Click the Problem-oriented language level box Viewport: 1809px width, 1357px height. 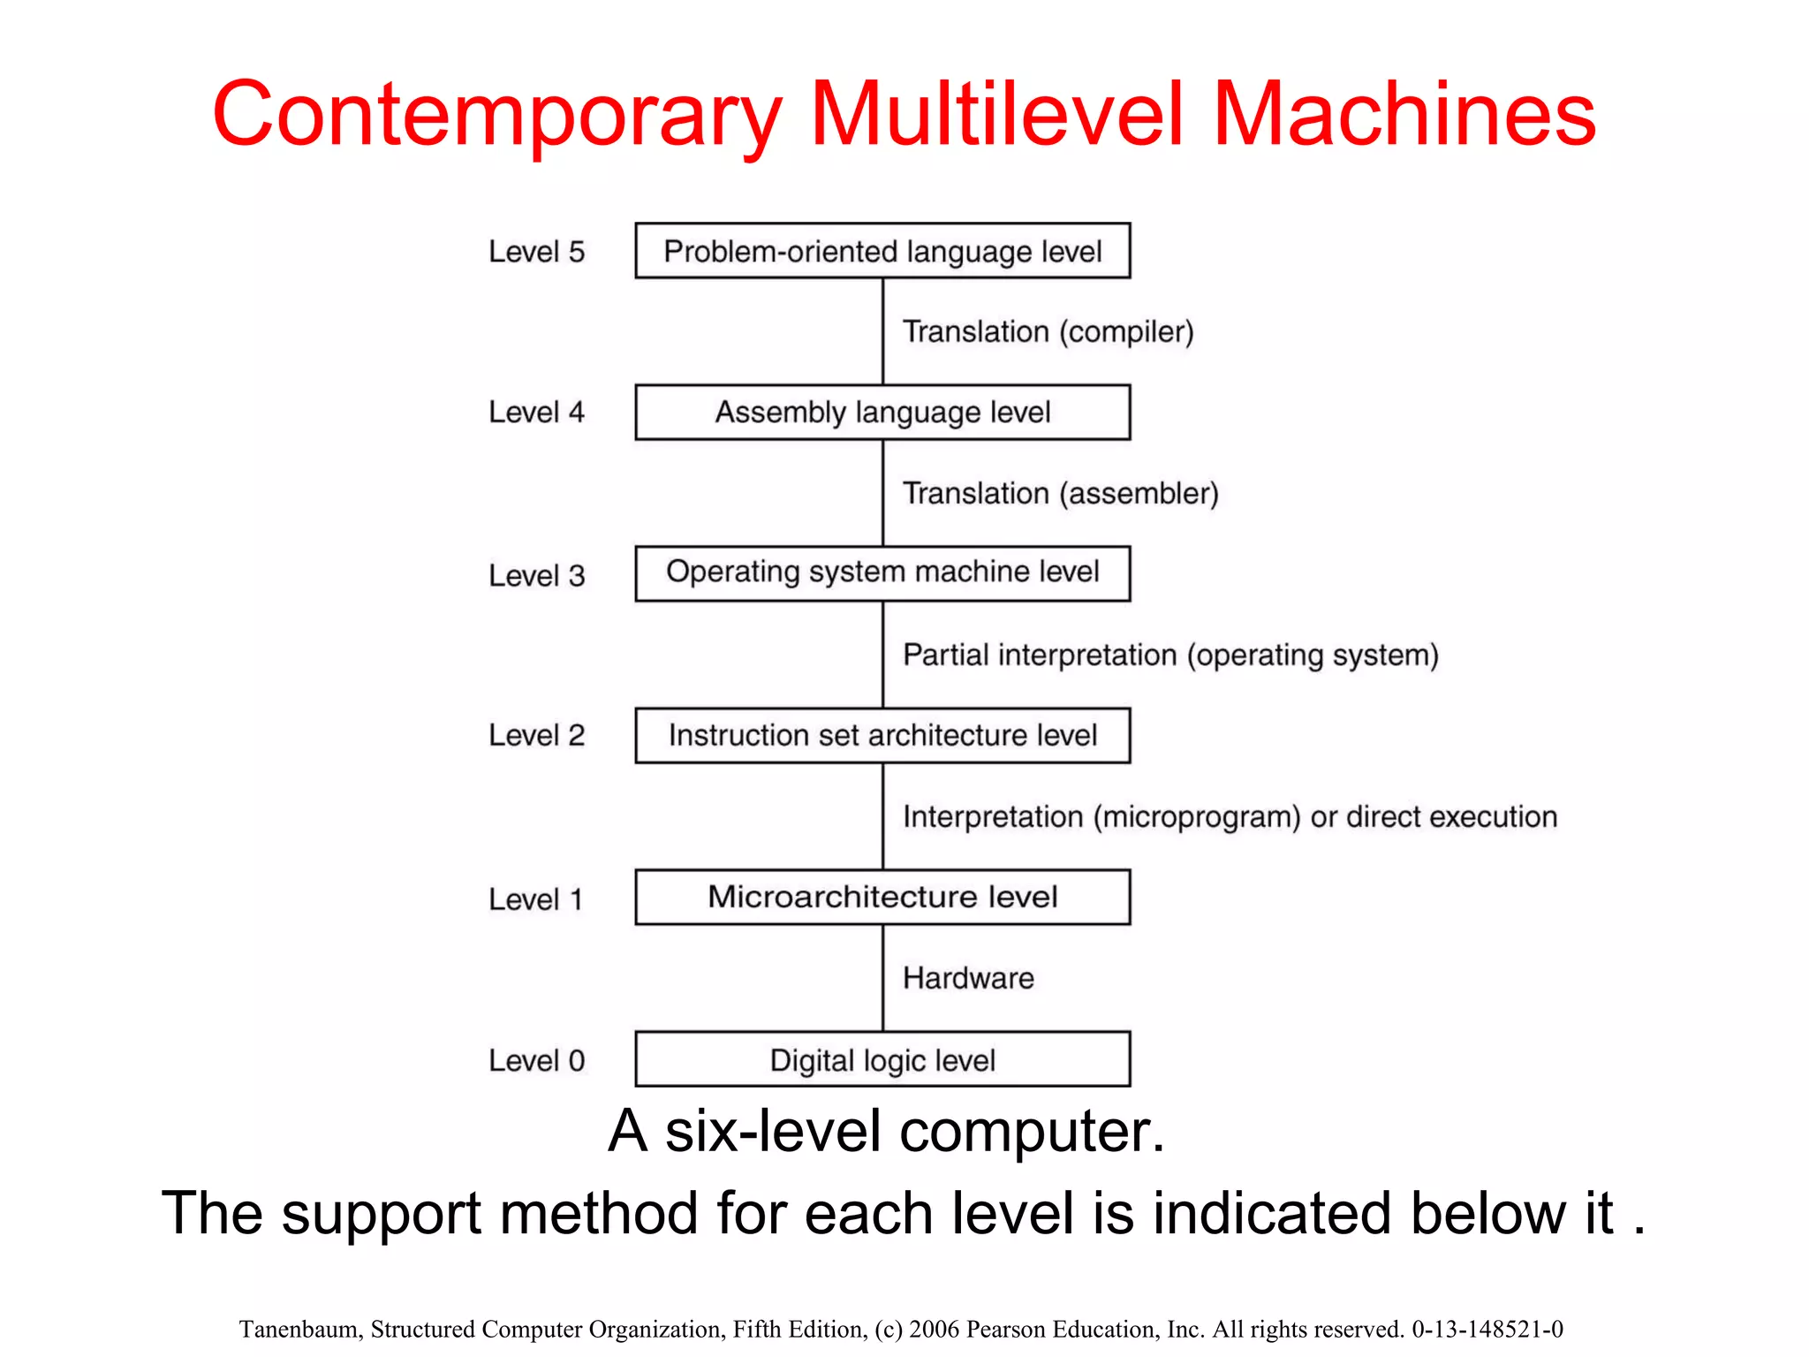[x=882, y=251]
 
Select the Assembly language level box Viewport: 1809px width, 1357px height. [x=882, y=413]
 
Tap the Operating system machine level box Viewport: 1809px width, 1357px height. [x=882, y=573]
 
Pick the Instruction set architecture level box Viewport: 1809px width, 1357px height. [x=882, y=735]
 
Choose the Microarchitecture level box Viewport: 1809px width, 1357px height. [x=882, y=897]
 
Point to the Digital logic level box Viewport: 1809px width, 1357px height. [x=882, y=1059]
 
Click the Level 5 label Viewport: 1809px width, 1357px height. [x=536, y=252]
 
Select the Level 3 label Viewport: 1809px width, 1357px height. [x=536, y=575]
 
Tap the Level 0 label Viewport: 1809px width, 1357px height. [x=536, y=1060]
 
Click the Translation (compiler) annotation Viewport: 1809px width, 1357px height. [x=1048, y=332]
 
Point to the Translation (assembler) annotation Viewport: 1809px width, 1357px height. [x=1060, y=493]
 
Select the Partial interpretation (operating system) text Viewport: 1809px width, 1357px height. [x=1170, y=656]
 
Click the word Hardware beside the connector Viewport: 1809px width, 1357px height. [x=968, y=978]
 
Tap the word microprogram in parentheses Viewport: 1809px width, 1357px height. [x=1197, y=817]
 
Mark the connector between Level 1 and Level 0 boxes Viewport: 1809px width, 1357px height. [x=882, y=978]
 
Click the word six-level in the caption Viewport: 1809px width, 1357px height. [x=773, y=1131]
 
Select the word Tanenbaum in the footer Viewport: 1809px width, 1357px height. [x=299, y=1329]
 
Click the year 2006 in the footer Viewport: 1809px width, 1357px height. [x=934, y=1329]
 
